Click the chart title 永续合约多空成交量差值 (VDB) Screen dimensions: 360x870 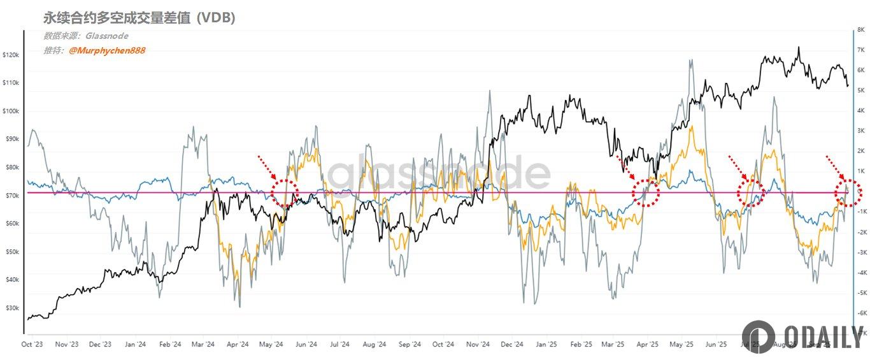pyautogui.click(x=139, y=18)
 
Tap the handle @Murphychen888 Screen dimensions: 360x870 pyautogui.click(x=107, y=50)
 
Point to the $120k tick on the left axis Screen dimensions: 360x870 pyautogui.click(x=11, y=55)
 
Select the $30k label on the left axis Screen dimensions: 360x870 pyautogui.click(x=12, y=308)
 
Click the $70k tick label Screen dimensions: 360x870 pyautogui.click(x=12, y=196)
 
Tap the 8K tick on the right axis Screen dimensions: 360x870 pyautogui.click(x=860, y=30)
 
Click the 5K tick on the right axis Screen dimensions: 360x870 pyautogui.click(x=860, y=90)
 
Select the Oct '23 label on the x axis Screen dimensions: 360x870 pyautogui.click(x=31, y=345)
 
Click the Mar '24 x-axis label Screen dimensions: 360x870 pyautogui.click(x=202, y=345)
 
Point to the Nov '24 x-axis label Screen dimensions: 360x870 pyautogui.click(x=476, y=345)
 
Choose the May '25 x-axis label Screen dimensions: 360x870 pyautogui.click(x=681, y=345)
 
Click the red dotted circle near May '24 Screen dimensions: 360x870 pyautogui.click(x=285, y=192)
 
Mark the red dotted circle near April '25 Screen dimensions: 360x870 pyautogui.click(x=646, y=192)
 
